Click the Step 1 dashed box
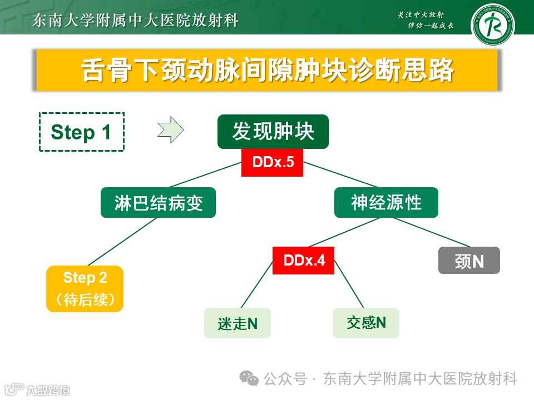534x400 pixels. pyautogui.click(x=82, y=132)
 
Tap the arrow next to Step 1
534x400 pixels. pyautogui.click(x=170, y=130)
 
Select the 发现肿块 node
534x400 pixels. pyautogui.click(x=273, y=132)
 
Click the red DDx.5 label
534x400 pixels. pyautogui.click(x=272, y=163)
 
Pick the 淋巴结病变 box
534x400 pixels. pyautogui.click(x=158, y=203)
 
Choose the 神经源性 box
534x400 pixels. pyautogui.click(x=386, y=203)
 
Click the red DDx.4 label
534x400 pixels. pyautogui.click(x=303, y=260)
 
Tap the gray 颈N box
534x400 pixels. pyautogui.click(x=469, y=261)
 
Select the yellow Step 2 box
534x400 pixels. pyautogui.click(x=85, y=288)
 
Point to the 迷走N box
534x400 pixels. pyautogui.click(x=238, y=323)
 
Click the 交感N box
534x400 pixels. pyautogui.click(x=366, y=323)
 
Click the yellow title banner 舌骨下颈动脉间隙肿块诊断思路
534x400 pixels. pyautogui.click(x=267, y=70)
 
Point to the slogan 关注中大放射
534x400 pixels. pyautogui.click(x=423, y=15)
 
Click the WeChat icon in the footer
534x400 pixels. pyautogui.click(x=249, y=378)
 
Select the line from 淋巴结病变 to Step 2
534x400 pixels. pyautogui.click(x=122, y=242)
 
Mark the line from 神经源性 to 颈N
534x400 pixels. pyautogui.click(x=428, y=232)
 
